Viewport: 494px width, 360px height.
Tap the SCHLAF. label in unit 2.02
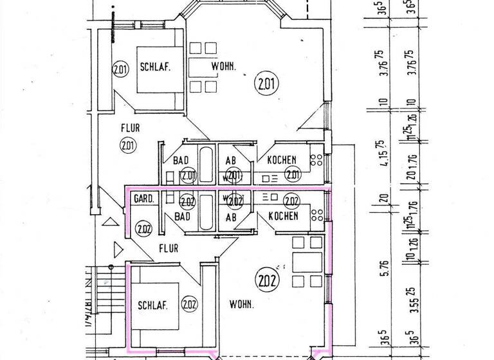click(x=152, y=306)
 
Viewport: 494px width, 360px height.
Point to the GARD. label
click(x=143, y=199)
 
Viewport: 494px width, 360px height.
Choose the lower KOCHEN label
click(x=284, y=216)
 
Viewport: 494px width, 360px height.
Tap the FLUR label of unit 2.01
click(x=129, y=128)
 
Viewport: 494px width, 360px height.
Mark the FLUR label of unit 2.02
click(x=169, y=248)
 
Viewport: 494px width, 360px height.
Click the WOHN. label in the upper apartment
click(x=223, y=66)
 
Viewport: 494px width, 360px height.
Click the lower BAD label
click(x=182, y=217)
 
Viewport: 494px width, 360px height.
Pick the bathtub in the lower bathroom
click(x=205, y=212)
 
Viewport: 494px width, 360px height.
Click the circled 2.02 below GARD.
click(x=143, y=226)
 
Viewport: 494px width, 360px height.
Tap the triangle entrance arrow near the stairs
click(x=118, y=249)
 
